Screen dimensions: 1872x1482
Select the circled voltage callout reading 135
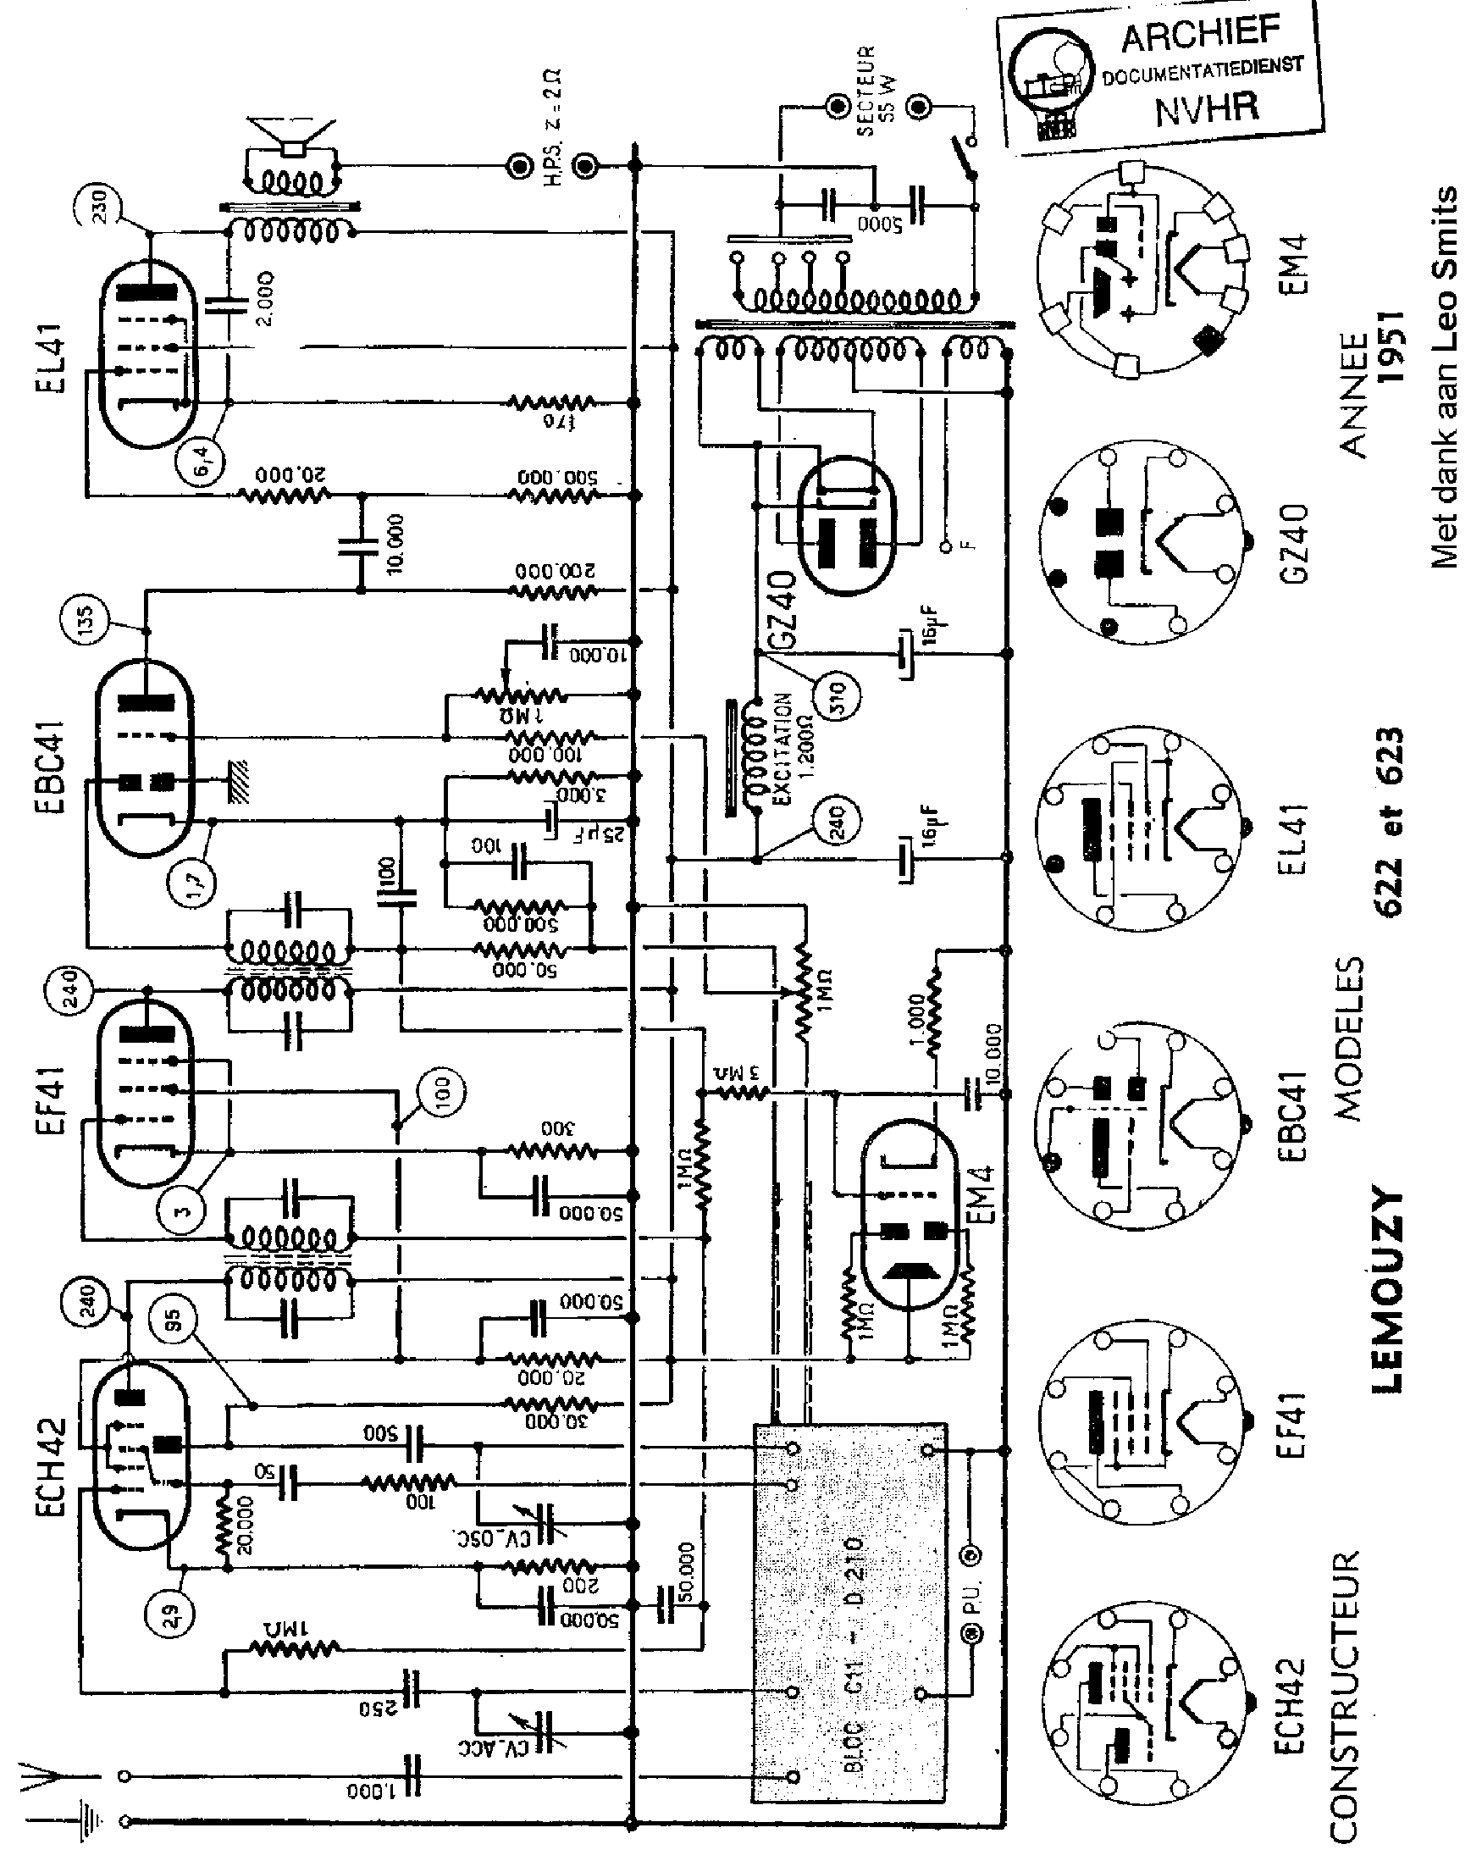coord(84,620)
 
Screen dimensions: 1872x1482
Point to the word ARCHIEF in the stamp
coord(1199,35)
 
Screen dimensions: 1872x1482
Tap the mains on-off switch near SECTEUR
coord(965,158)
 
